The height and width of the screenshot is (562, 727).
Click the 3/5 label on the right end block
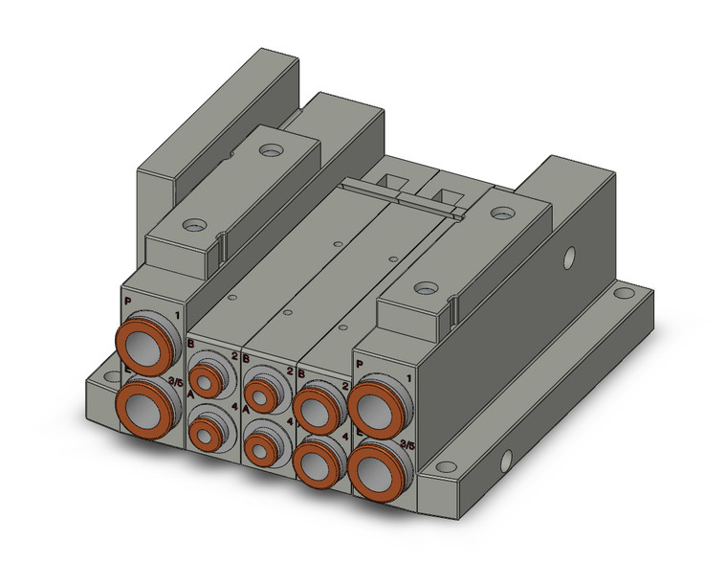point(408,443)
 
